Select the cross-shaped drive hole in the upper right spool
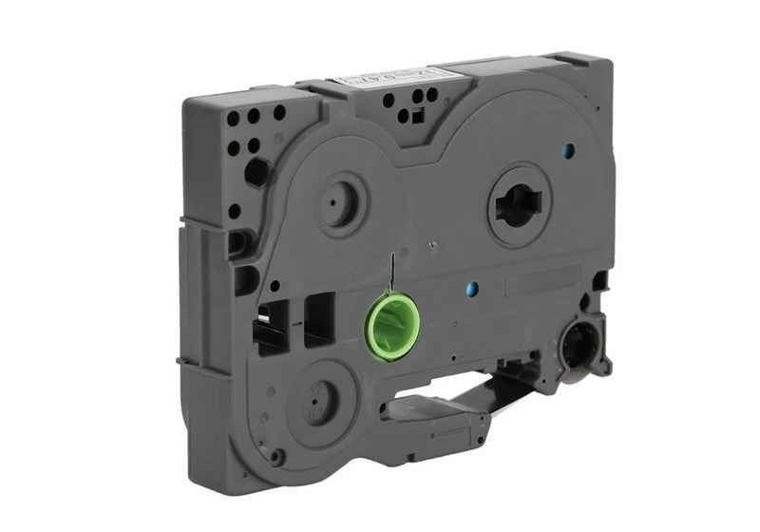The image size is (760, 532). [519, 204]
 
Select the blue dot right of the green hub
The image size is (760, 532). [472, 288]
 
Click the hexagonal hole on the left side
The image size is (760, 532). [256, 171]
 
